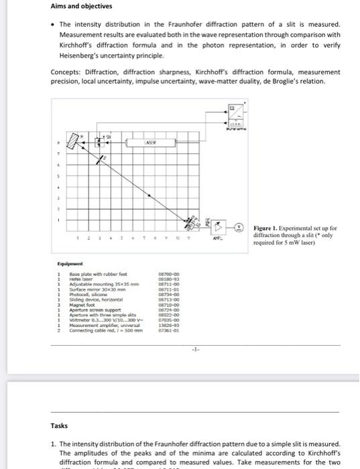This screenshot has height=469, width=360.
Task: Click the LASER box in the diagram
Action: click(x=153, y=143)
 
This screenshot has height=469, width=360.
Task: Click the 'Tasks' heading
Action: click(x=59, y=425)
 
